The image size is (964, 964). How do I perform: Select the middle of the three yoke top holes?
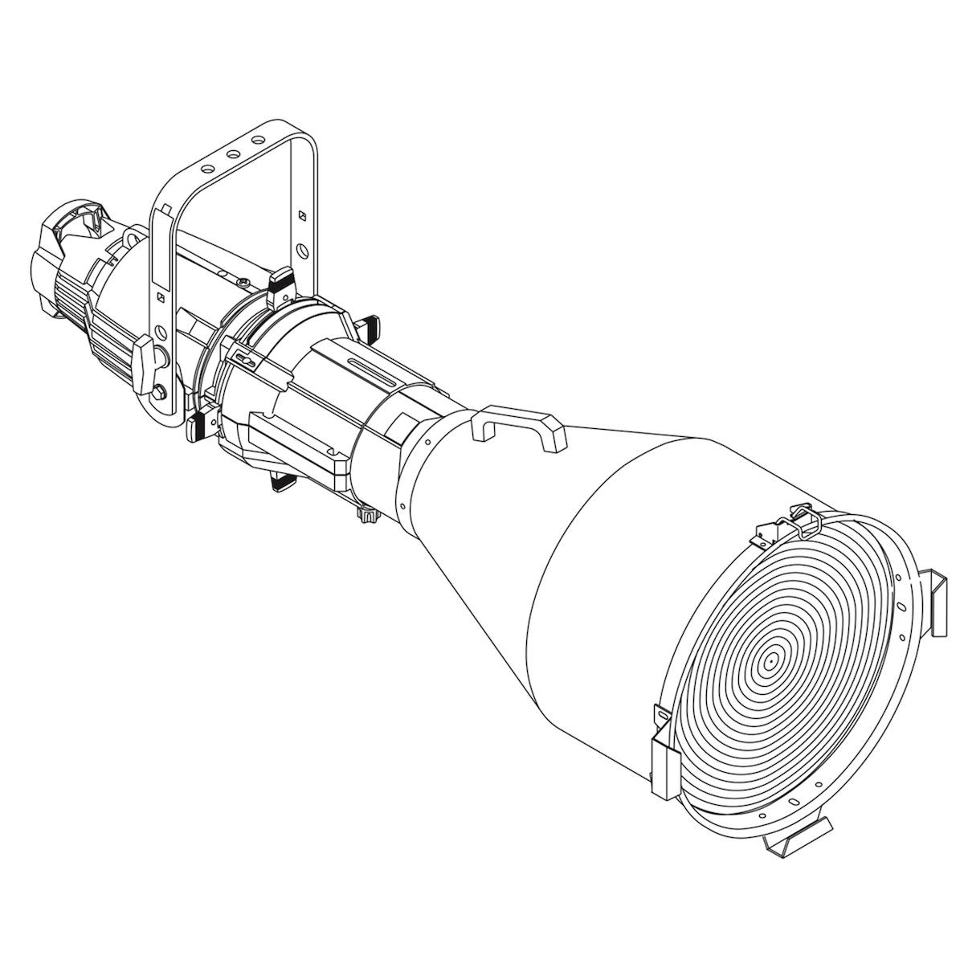pyautogui.click(x=233, y=153)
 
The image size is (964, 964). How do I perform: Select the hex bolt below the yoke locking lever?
pyautogui.click(x=160, y=392)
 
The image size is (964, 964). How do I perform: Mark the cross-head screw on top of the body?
pyautogui.click(x=242, y=281)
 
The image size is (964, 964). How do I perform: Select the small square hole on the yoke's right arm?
pyautogui.click(x=302, y=215)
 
